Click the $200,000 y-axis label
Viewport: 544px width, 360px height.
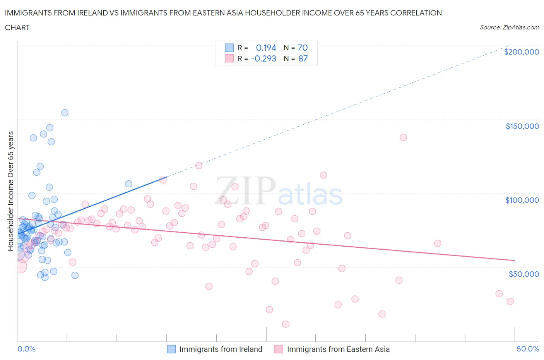[521, 52]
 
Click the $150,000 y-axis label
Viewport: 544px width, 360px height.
[522, 126]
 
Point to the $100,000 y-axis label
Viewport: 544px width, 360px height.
[522, 200]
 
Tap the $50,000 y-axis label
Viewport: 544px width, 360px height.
[523, 274]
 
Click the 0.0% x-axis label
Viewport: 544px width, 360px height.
[26, 349]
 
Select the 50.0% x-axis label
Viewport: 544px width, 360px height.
[528, 349]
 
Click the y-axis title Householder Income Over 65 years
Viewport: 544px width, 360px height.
[10, 191]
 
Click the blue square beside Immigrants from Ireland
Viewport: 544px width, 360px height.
[171, 349]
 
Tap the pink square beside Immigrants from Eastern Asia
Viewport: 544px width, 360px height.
[279, 349]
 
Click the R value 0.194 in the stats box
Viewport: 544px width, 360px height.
[266, 48]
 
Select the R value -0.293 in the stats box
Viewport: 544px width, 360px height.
[263, 58]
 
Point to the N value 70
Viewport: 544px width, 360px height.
[303, 48]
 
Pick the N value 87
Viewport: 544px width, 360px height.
[303, 58]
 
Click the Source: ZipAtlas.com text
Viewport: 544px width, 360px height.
[509, 27]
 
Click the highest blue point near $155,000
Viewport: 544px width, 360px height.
[65, 113]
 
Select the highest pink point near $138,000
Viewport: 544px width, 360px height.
[403, 137]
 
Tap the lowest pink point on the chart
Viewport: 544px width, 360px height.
[286, 324]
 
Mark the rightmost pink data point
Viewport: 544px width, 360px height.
[510, 302]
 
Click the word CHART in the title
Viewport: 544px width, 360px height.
[17, 27]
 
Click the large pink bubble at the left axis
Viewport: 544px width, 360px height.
[19, 266]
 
